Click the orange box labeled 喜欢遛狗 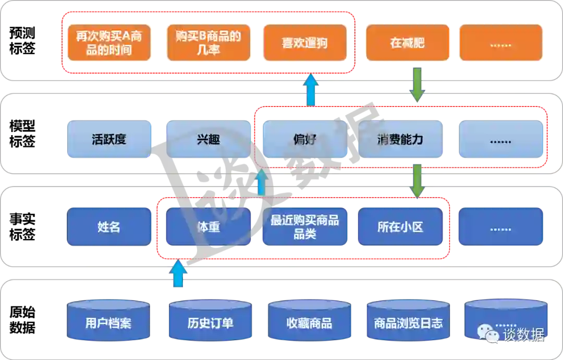point(304,43)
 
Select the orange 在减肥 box point(407,43)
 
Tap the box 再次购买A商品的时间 point(109,43)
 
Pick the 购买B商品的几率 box point(208,43)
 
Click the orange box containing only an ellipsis point(500,43)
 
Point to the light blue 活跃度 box point(109,139)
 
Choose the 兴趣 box point(208,139)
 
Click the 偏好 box point(304,139)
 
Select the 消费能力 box point(400,139)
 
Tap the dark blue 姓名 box point(109,227)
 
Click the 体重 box point(208,227)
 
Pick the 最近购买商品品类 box point(304,227)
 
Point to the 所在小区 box point(400,227)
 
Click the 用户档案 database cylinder point(108,321)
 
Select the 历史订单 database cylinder point(210,321)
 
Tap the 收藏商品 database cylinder point(309,321)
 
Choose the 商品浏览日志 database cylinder point(408,321)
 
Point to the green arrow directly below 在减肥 point(417,85)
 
